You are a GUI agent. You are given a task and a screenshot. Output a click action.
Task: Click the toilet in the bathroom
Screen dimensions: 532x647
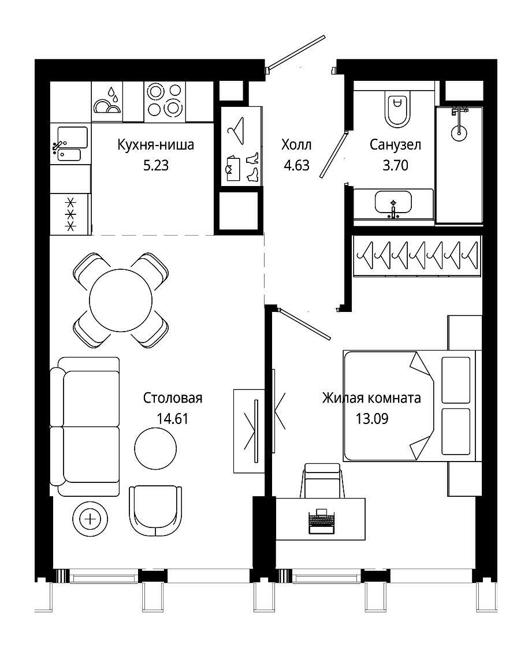click(397, 108)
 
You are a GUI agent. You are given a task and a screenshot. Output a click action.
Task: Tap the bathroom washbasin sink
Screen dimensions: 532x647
click(393, 202)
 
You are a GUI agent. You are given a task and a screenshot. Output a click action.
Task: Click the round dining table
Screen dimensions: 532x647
click(121, 300)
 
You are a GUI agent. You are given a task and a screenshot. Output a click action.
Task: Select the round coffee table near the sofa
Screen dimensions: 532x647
click(155, 448)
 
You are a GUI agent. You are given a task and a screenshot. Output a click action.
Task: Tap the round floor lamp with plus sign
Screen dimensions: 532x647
click(90, 518)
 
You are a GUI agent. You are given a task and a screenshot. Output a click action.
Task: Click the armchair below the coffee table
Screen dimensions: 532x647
click(155, 511)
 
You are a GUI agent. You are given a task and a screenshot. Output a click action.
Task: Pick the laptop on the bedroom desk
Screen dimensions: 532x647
click(322, 521)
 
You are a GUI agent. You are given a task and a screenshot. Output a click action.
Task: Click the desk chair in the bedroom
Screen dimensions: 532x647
click(322, 480)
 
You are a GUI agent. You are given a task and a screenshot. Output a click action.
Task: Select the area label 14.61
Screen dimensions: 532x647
click(173, 419)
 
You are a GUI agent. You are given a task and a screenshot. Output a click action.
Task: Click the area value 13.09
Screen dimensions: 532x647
click(372, 419)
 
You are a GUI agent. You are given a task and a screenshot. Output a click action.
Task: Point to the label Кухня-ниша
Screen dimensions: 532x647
click(155, 145)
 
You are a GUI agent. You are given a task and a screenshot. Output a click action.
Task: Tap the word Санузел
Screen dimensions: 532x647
click(395, 145)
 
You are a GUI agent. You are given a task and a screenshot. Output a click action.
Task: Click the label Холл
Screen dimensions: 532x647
click(296, 145)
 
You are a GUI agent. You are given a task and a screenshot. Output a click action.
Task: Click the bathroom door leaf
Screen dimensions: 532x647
click(334, 154)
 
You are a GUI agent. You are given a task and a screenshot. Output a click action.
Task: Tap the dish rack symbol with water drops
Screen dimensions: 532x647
click(107, 101)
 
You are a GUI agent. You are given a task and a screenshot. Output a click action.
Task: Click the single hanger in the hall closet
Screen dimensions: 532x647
click(236, 130)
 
